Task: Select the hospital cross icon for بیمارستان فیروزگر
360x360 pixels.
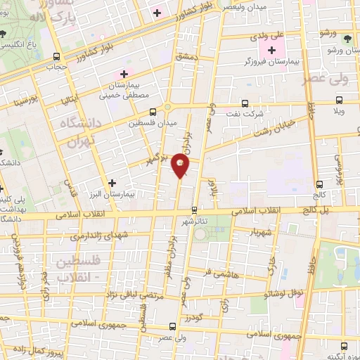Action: (x=272, y=51)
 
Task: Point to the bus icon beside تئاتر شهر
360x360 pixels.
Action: (x=194, y=210)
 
